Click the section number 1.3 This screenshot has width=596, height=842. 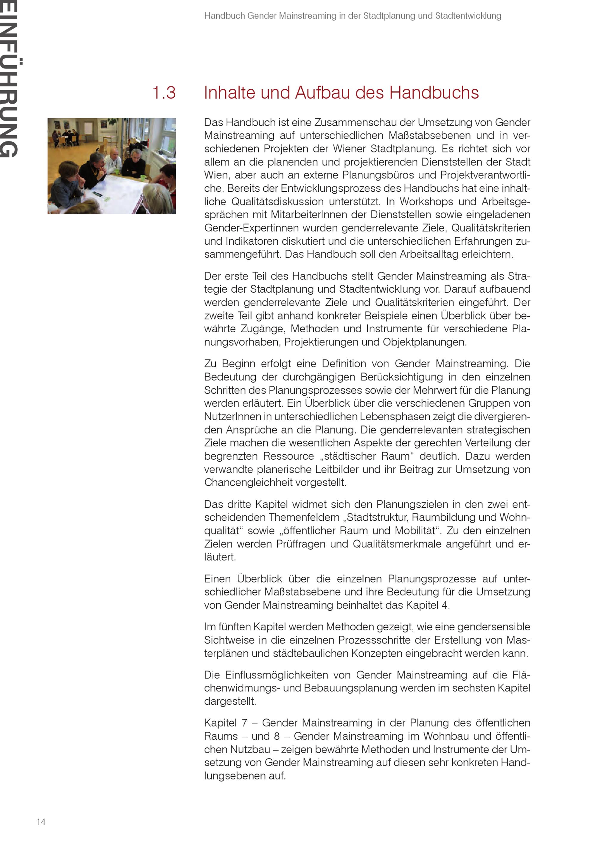164,93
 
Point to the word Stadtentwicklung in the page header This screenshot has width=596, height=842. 468,16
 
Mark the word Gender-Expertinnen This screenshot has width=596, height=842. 252,228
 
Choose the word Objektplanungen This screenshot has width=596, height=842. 424,342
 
